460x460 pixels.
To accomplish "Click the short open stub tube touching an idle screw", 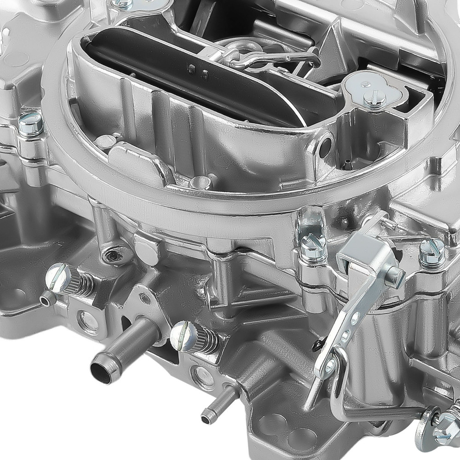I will click(46, 299).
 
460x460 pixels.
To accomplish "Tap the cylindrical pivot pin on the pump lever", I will click(394, 276).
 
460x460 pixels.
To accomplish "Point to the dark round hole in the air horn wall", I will click(325, 146).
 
